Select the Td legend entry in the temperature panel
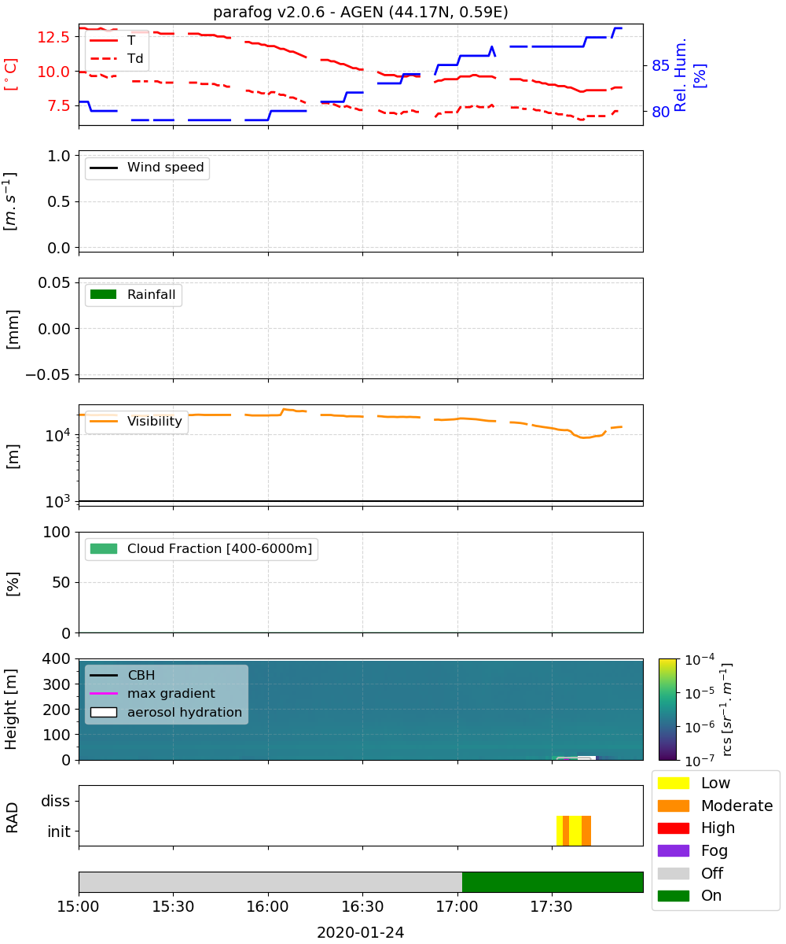pyautogui.click(x=116, y=58)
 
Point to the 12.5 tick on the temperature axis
pyautogui.click(x=53, y=37)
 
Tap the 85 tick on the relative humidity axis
pyautogui.click(x=660, y=66)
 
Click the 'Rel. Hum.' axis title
pyautogui.click(x=680, y=75)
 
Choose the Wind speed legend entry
pyautogui.click(x=147, y=168)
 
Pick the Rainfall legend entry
pyautogui.click(x=133, y=294)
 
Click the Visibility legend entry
pyautogui.click(x=136, y=421)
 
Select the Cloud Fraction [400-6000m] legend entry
pyautogui.click(x=201, y=548)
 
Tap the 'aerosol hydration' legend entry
pyautogui.click(x=166, y=712)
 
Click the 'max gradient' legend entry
pyautogui.click(x=152, y=693)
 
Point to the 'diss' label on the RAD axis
pyautogui.click(x=55, y=801)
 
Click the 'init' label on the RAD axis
pyautogui.click(x=59, y=832)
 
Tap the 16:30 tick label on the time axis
pyautogui.click(x=362, y=906)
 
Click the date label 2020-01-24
pyautogui.click(x=361, y=932)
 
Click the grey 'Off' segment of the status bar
pyautogui.click(x=270, y=882)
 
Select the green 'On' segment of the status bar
pyautogui.click(x=553, y=882)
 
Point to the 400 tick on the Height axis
pyautogui.click(x=56, y=658)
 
